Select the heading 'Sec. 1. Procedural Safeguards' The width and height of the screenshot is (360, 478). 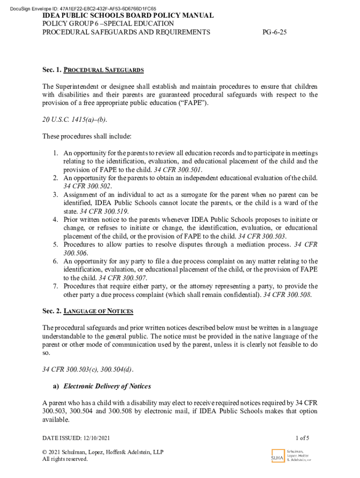pos(93,70)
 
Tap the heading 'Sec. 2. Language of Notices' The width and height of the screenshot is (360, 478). pos(87,311)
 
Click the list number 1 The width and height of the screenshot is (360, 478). pos(55,153)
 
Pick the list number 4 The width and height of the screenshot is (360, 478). pos(55,219)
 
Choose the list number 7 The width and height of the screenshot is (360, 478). pos(55,286)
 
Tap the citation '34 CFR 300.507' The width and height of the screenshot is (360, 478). pos(122,278)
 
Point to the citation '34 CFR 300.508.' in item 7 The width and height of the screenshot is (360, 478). pos(288,295)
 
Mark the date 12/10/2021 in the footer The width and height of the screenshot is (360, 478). pos(97,438)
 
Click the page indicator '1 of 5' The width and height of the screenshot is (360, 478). pos(302,438)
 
